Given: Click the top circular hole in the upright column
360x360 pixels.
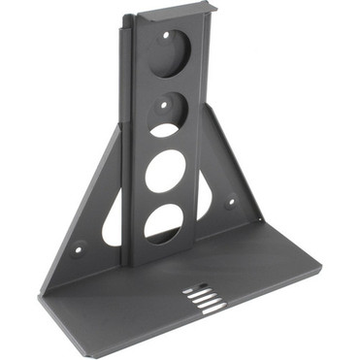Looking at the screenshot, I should pyautogui.click(x=171, y=53).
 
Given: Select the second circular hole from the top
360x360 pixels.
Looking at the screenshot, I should pyautogui.click(x=169, y=115).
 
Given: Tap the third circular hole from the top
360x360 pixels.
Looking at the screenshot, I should pyautogui.click(x=166, y=172).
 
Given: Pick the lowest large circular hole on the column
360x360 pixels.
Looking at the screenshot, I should pyautogui.click(x=163, y=224).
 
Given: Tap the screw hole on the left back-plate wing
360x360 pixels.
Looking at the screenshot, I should pyautogui.click(x=80, y=245).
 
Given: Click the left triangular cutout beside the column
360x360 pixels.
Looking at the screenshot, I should pyautogui.click(x=114, y=221).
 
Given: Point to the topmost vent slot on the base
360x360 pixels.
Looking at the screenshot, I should pyautogui.click(x=195, y=286).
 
